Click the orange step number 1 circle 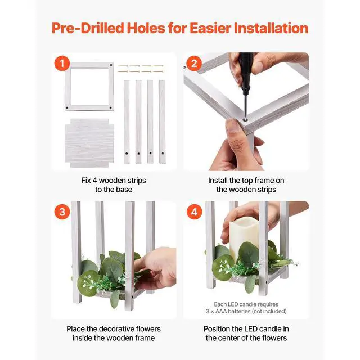(x=62, y=64)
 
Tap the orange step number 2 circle (x=194, y=64)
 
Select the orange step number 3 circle (x=62, y=211)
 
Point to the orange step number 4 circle (x=194, y=211)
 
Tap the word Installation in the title (x=271, y=28)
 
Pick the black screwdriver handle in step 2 (x=245, y=73)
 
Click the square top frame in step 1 (x=89, y=86)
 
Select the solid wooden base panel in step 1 (x=89, y=143)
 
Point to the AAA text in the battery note (x=221, y=311)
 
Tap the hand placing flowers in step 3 (x=156, y=266)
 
